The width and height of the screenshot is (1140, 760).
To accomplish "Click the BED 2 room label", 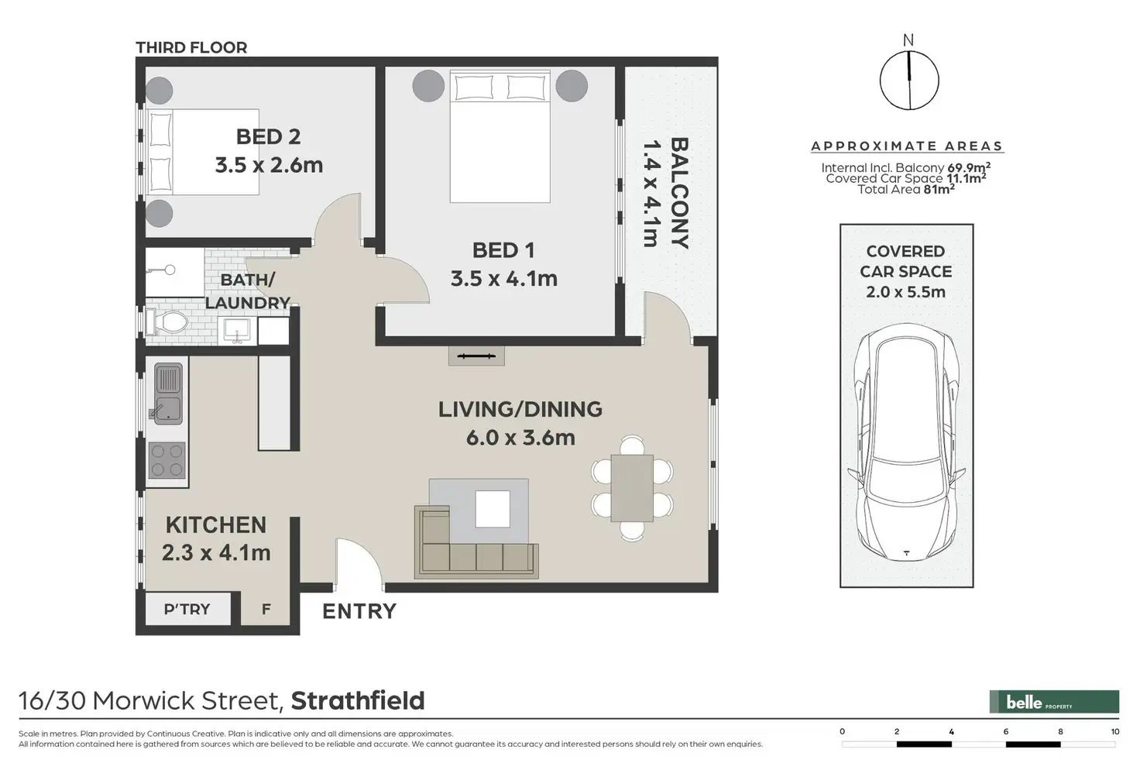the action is tap(268, 136).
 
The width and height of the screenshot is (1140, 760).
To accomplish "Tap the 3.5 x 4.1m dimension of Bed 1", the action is tap(504, 278).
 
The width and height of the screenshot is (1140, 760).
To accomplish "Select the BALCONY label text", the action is tap(679, 193).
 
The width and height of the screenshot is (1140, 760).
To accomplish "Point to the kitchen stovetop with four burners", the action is tap(167, 460).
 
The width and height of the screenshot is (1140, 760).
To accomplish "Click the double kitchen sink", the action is tap(167, 393).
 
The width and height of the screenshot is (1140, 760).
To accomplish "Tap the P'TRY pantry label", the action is tap(187, 609).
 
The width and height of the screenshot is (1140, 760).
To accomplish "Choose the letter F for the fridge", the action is tap(266, 610).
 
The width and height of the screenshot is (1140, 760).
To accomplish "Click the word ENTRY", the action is tap(359, 611).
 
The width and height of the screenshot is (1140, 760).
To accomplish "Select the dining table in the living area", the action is tap(632, 488).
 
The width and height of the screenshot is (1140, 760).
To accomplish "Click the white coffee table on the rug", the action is tap(493, 509).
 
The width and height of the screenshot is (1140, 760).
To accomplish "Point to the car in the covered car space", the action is tap(906, 442).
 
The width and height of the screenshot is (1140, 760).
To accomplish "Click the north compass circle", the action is tap(909, 81).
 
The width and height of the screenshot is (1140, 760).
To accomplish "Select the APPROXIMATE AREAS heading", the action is tap(907, 146).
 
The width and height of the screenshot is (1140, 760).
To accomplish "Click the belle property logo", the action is tap(1054, 702).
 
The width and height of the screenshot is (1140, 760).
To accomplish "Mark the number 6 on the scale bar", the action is tap(1006, 731).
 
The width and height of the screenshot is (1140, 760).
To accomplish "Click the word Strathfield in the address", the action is tap(358, 700).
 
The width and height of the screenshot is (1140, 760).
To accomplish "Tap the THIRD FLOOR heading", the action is tap(191, 47).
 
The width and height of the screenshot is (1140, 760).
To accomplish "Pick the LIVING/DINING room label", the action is tap(520, 409).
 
